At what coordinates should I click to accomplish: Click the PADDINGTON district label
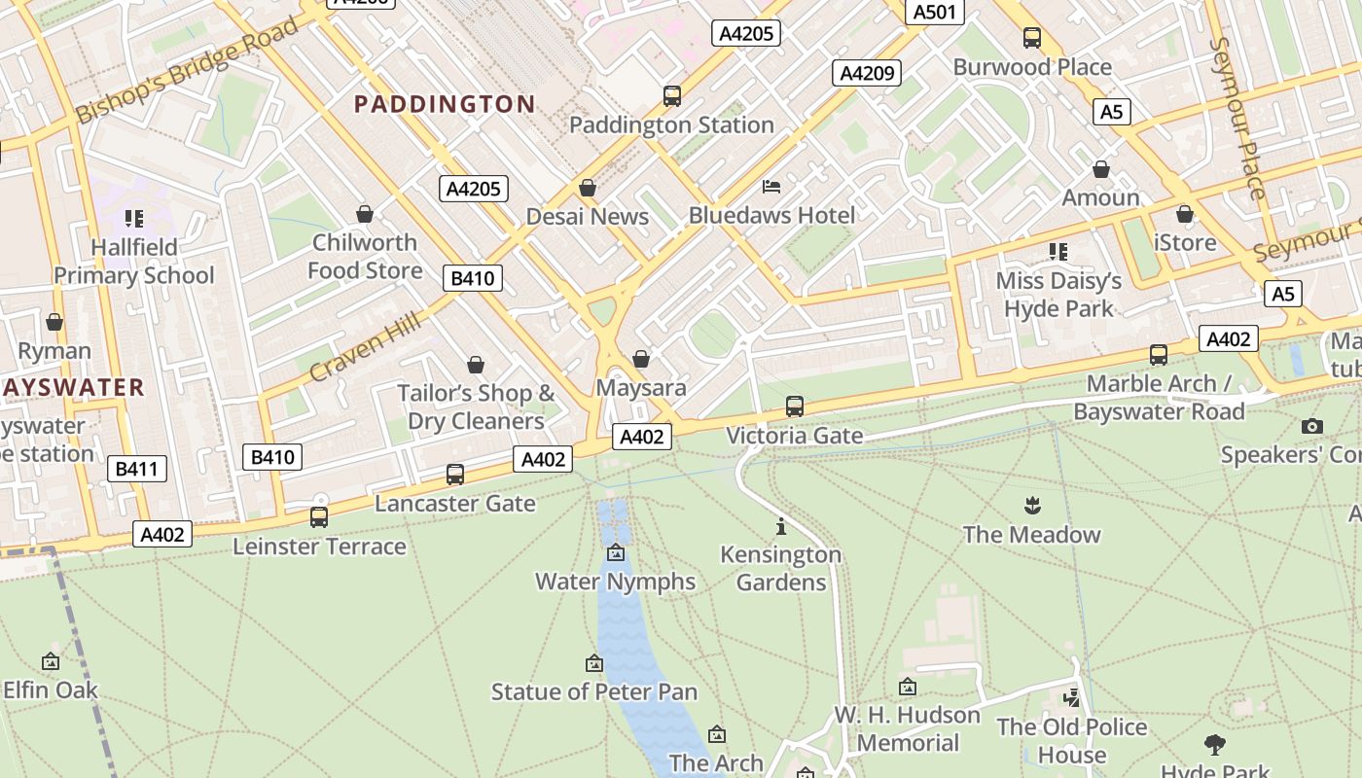tap(445, 104)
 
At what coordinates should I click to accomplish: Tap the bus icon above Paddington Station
tap(672, 96)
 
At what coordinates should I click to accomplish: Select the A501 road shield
tap(936, 12)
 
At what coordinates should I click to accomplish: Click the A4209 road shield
tap(866, 73)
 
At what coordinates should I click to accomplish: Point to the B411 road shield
tap(136, 469)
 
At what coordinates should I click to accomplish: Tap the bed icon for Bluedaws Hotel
tap(771, 187)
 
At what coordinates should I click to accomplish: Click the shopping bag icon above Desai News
tap(588, 188)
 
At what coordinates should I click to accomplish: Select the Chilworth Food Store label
tap(365, 257)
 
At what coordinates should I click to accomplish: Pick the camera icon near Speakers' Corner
tap(1311, 426)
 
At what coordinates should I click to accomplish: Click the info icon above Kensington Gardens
tap(780, 527)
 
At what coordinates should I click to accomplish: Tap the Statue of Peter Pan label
tap(593, 692)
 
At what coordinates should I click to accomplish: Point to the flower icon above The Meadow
tap(1031, 506)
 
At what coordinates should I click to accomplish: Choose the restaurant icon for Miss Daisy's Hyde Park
tap(1058, 252)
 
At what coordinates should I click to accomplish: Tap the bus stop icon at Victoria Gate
tap(795, 407)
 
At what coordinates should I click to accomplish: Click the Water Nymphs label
tap(615, 582)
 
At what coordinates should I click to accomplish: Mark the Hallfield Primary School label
tap(133, 262)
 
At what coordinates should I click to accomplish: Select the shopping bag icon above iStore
tap(1185, 214)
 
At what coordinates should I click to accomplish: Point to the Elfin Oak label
tap(51, 690)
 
